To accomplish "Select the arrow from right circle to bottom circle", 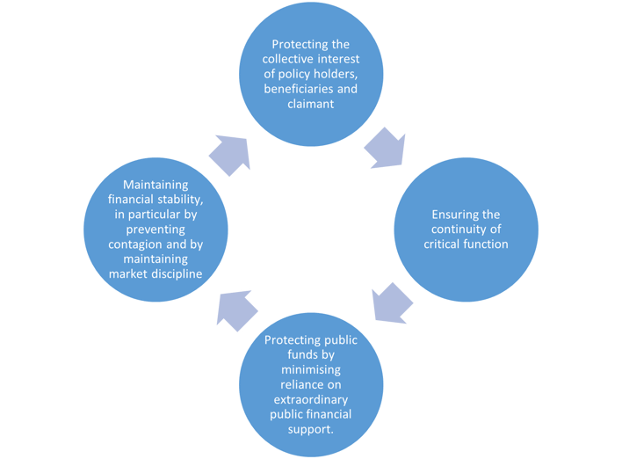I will tap(391, 302).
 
